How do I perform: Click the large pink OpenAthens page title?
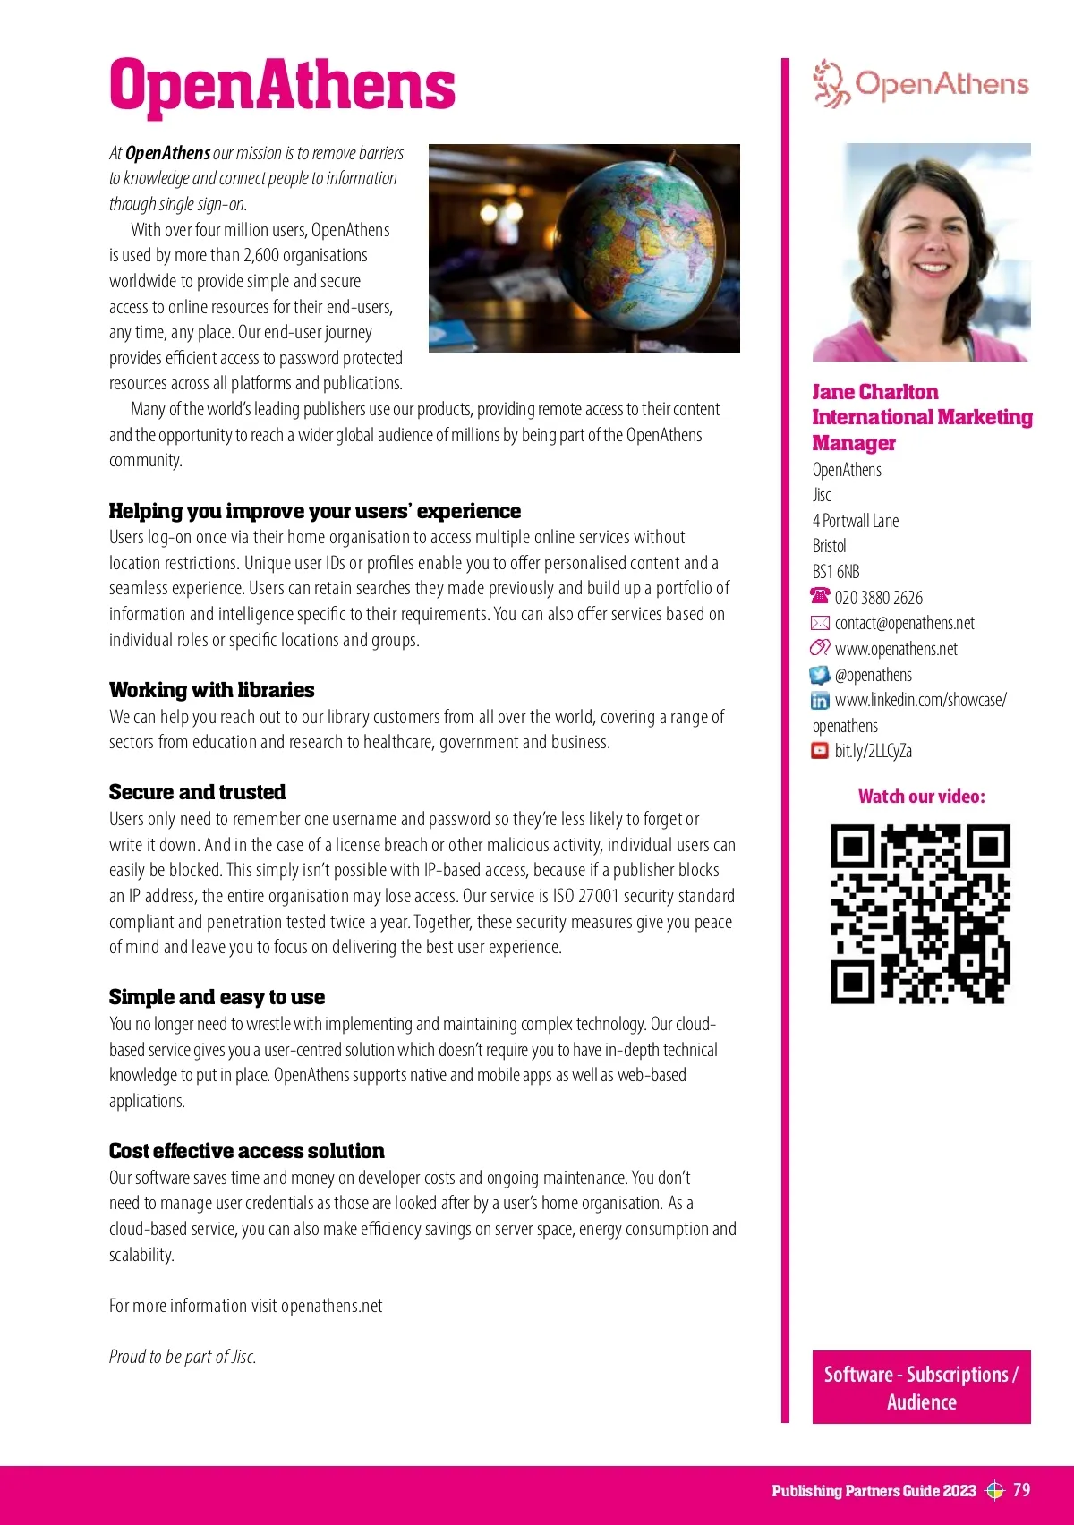point(282,86)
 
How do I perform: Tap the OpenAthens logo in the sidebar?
point(921,84)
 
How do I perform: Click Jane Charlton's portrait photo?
point(921,252)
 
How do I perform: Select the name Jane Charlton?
point(874,392)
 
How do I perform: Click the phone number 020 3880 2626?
point(878,598)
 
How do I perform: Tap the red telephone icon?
point(820,596)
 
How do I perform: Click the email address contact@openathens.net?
point(904,623)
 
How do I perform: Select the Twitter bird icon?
point(820,675)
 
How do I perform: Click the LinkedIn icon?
point(820,701)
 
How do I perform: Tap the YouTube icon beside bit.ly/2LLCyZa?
point(820,751)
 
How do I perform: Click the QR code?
point(920,914)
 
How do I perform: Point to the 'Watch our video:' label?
point(921,797)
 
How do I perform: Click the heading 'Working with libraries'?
point(211,690)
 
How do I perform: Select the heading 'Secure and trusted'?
point(197,792)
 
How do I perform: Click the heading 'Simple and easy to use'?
point(217,997)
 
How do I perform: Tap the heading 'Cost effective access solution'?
point(246,1151)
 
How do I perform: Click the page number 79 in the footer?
point(1021,1490)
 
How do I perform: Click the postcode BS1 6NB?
point(836,572)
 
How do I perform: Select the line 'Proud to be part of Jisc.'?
point(183,1357)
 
